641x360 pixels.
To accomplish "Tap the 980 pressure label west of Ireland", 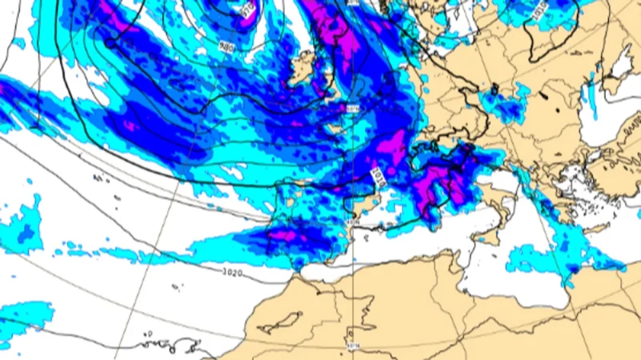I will (226, 46).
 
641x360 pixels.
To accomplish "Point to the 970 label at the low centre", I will (247, 10).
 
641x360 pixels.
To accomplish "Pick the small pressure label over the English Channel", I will (354, 107).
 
